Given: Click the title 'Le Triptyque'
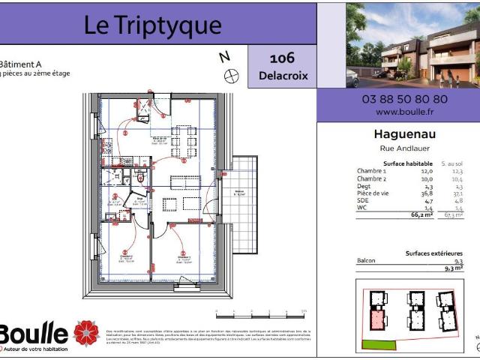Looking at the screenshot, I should click(x=152, y=25).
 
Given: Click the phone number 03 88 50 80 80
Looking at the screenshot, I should click(x=405, y=98).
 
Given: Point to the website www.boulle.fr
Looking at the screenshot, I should click(x=405, y=111).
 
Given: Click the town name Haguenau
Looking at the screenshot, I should click(x=405, y=135).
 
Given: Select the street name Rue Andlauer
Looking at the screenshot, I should click(x=405, y=148).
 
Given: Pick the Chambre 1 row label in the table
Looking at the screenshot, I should click(x=373, y=172).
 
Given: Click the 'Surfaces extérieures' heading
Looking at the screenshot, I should click(x=433, y=253).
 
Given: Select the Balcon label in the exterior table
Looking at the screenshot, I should click(x=367, y=261).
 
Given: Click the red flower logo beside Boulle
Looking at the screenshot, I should click(x=86, y=333).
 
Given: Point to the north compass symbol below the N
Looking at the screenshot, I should click(x=231, y=74).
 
